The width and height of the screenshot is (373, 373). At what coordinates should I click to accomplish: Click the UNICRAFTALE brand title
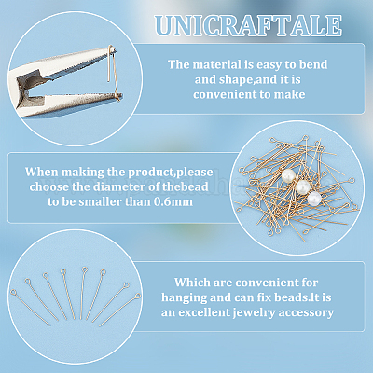tap(248, 25)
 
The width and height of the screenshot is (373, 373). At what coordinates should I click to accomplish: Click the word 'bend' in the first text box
tap(313, 64)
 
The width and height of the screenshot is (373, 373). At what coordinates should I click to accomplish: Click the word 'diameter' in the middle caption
tap(120, 186)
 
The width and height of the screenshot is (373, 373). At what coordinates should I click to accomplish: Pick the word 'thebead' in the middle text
tap(185, 186)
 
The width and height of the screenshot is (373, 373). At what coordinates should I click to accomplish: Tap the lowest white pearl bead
tap(314, 198)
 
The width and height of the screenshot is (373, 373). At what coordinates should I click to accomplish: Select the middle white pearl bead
tap(302, 186)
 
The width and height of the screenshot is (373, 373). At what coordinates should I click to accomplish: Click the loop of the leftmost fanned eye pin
tap(13, 292)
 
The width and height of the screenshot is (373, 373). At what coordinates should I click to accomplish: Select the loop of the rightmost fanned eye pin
tap(138, 296)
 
